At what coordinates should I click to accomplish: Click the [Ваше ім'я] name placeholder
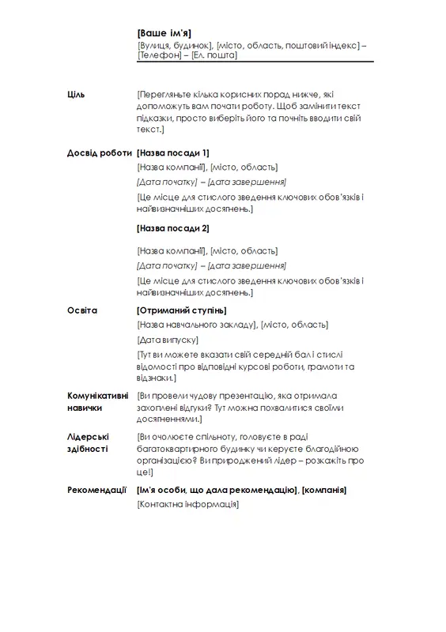pos(164,32)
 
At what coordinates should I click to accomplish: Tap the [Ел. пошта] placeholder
pos(214,56)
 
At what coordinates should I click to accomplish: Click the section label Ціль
pos(77,95)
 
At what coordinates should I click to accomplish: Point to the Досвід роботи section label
pos(100,152)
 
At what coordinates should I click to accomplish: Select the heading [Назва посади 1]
pos(172,152)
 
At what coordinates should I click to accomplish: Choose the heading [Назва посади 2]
pos(172,228)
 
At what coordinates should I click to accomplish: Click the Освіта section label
pos(82,310)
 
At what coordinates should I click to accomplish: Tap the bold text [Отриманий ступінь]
pos(181,310)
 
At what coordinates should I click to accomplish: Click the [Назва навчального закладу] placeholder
pos(197,325)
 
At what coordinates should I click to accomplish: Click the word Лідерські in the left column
pos(88,436)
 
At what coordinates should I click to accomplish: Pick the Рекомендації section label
pos(97,491)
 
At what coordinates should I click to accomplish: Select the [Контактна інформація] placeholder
pos(187,505)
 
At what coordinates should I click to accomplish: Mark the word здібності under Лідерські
pos(88,449)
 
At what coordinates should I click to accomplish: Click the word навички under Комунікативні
pos(85,408)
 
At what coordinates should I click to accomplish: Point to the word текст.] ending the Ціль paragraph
pos(149,129)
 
